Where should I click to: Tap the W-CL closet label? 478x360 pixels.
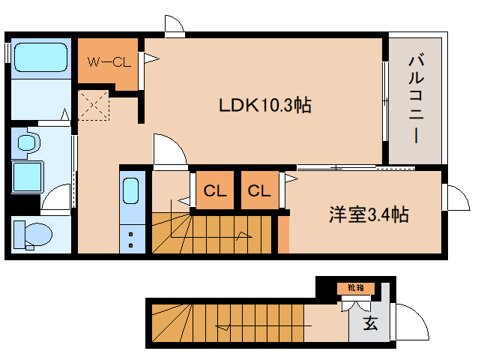pos(109,61)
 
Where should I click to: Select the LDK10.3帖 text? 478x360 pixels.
pos(264,106)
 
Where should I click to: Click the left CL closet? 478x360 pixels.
pos(215,191)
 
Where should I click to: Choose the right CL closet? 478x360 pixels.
pos(259,191)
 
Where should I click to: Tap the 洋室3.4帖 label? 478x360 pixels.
pos(368,215)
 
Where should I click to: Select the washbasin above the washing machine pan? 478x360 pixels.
pos(28,142)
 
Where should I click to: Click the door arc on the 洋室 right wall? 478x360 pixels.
pos(453,199)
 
